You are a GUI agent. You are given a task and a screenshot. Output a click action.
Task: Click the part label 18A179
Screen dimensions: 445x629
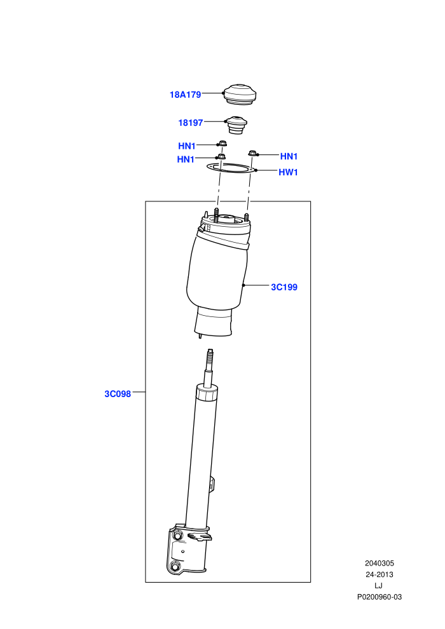[x=185, y=95]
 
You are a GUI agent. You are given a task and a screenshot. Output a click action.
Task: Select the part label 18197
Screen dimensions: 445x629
[x=191, y=123]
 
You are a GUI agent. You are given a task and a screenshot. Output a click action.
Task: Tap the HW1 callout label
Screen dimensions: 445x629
[x=288, y=172]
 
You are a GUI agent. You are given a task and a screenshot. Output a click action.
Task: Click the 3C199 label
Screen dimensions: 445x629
[x=284, y=287]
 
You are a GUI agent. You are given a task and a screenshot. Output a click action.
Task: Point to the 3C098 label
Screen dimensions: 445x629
[x=118, y=394]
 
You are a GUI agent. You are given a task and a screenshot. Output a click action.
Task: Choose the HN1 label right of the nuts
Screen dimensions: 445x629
[x=289, y=156]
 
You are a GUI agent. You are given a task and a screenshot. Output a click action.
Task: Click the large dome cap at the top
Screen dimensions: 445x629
[x=240, y=95]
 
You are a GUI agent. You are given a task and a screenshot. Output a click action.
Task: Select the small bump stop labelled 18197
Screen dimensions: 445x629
[x=236, y=125]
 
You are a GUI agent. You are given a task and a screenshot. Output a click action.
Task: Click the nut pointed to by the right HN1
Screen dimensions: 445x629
[x=252, y=153]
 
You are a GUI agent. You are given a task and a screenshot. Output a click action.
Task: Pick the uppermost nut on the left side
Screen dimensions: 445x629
[x=222, y=143]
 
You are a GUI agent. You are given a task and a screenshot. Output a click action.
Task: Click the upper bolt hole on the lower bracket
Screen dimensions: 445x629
[x=177, y=535]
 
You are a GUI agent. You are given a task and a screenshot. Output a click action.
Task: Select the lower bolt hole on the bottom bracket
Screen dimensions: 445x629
[x=175, y=567]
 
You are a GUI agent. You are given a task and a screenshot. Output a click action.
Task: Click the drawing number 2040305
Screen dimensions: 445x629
[x=379, y=564]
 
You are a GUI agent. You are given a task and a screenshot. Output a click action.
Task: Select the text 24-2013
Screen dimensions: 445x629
[x=379, y=574]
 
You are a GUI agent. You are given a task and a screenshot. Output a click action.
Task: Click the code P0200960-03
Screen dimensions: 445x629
[x=379, y=597]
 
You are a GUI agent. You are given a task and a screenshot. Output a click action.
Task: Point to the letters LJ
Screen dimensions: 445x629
[x=378, y=586]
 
